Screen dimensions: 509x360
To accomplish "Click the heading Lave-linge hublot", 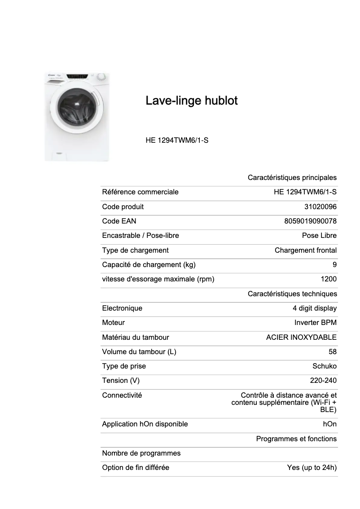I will [x=192, y=101].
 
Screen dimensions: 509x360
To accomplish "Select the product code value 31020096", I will [x=320, y=207].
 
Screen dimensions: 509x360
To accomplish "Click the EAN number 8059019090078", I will [x=311, y=221].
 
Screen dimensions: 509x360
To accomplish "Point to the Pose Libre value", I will [x=319, y=236].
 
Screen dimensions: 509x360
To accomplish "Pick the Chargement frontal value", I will [x=306, y=250].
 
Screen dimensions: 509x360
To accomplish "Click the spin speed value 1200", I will [x=329, y=279].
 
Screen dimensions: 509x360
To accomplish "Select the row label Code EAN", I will [x=119, y=221].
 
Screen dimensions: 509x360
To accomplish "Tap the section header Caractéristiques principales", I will [x=292, y=178].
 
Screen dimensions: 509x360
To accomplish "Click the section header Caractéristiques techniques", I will [x=292, y=294].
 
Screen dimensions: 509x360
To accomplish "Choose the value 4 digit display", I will [x=315, y=308].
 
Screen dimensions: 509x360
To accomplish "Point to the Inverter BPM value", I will [x=316, y=322].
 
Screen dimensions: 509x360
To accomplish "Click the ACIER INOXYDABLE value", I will [x=301, y=337].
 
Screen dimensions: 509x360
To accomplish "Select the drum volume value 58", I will [x=333, y=351].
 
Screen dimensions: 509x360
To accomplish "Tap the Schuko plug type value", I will [x=325, y=366].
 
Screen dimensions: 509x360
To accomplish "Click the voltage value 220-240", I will [x=323, y=380].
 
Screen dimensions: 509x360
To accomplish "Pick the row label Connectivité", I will [x=122, y=395].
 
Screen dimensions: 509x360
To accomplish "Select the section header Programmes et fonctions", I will [x=296, y=439].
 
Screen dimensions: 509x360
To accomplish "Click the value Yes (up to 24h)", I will [x=312, y=467].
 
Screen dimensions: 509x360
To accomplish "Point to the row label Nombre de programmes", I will [x=141, y=453].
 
